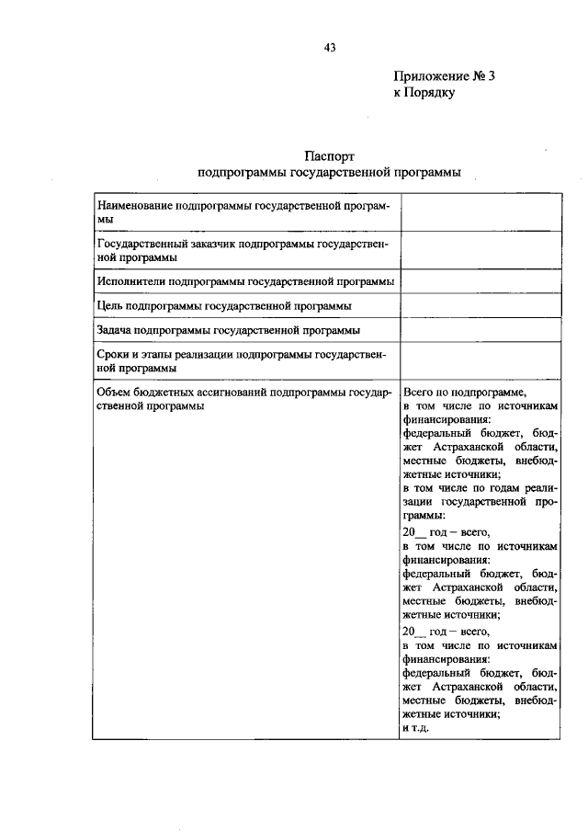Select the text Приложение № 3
[x=444, y=77]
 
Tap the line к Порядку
[x=424, y=93]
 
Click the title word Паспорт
[x=328, y=156]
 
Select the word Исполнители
[x=129, y=280]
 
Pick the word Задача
[x=115, y=329]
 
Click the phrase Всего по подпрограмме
[x=463, y=391]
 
